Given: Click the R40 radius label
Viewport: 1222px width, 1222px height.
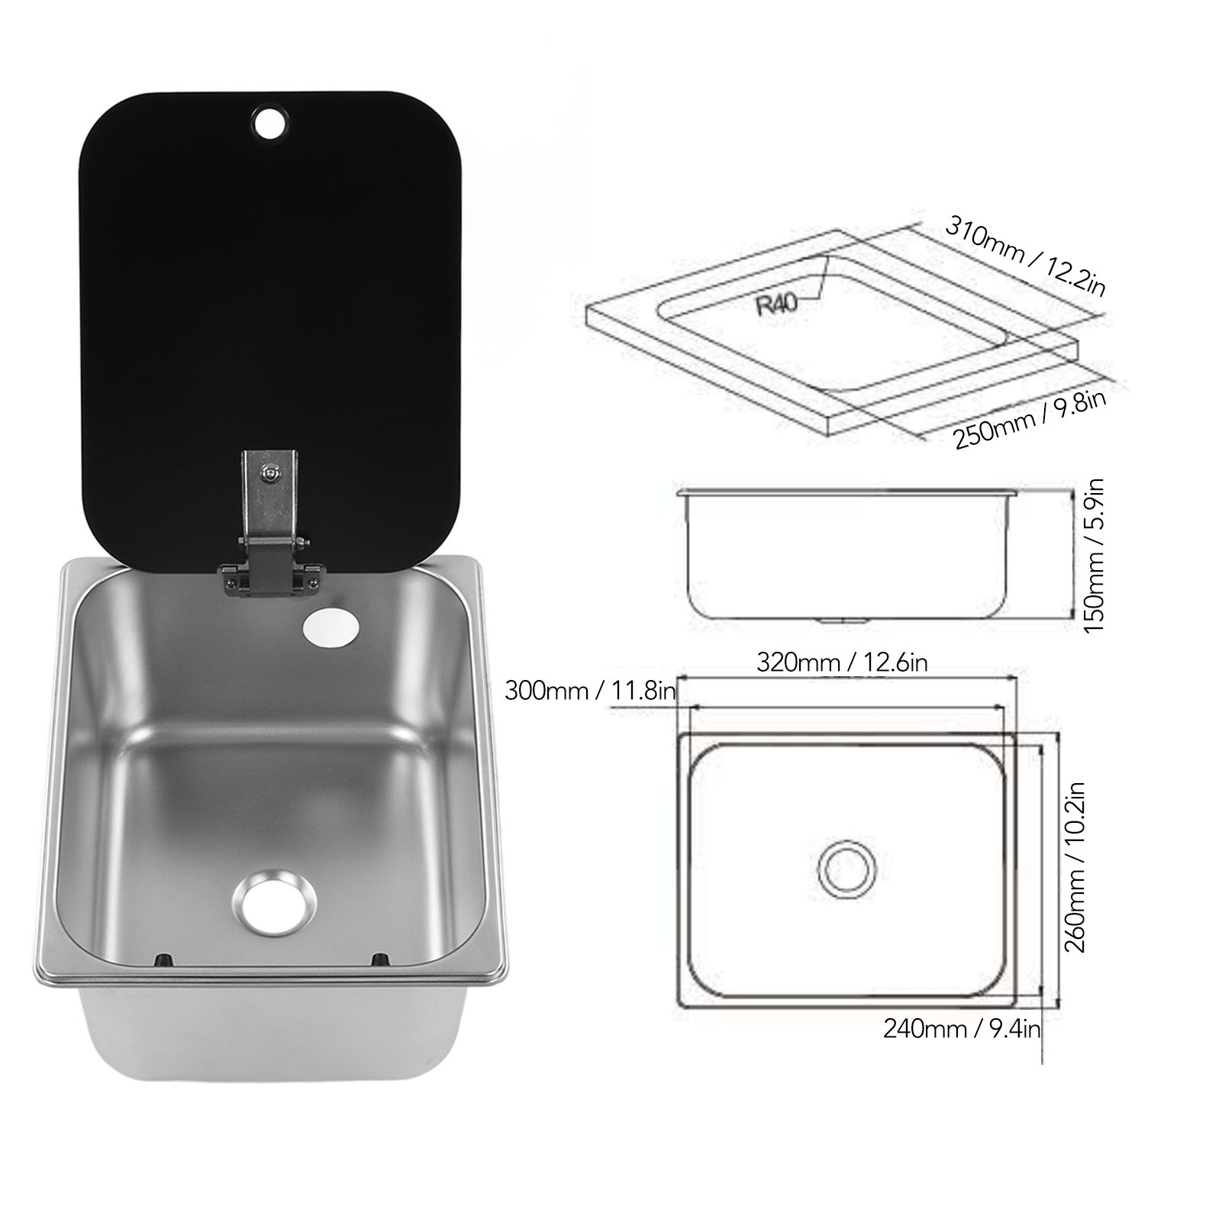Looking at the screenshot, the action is (777, 303).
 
